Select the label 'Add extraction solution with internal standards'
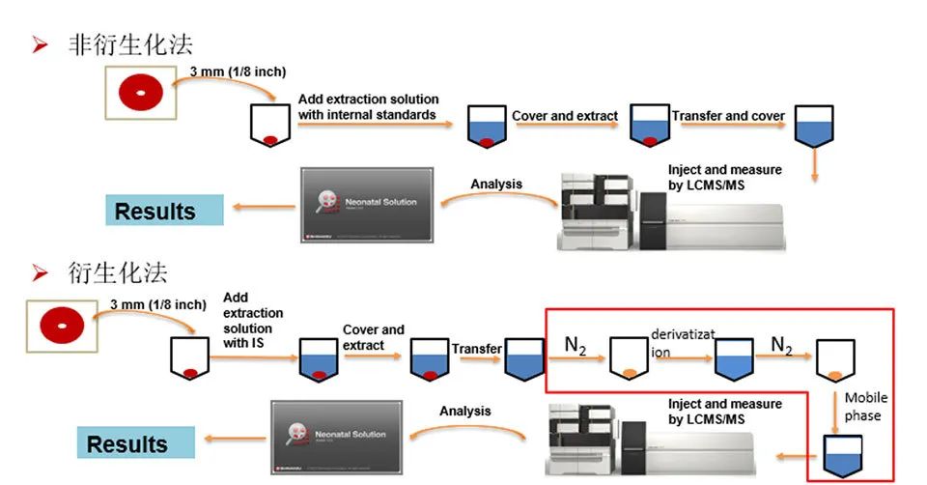coord(368,106)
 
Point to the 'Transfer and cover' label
coord(728,116)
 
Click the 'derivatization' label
coord(683,342)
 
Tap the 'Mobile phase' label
coord(863,406)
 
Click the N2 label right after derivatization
coord(781,345)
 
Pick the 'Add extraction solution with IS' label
coord(253,321)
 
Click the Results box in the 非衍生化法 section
coord(164,211)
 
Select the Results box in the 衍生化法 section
coord(136,443)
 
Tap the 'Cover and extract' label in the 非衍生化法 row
coord(565,116)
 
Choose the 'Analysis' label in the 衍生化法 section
coord(465,411)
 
